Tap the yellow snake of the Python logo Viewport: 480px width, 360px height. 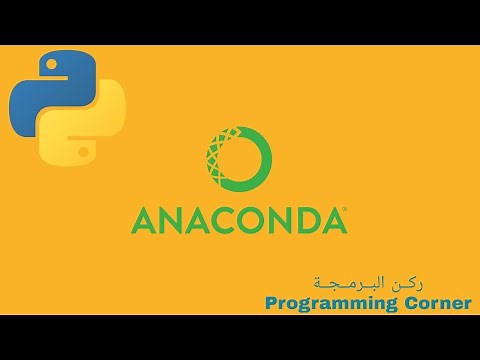pos(90,124)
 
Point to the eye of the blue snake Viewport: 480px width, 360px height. pos(50,65)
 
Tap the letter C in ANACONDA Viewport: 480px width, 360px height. pos(225,220)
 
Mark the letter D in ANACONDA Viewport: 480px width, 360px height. pos(307,220)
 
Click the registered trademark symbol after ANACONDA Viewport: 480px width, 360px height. pos(346,210)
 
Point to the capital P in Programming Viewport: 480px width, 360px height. pos(271,302)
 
